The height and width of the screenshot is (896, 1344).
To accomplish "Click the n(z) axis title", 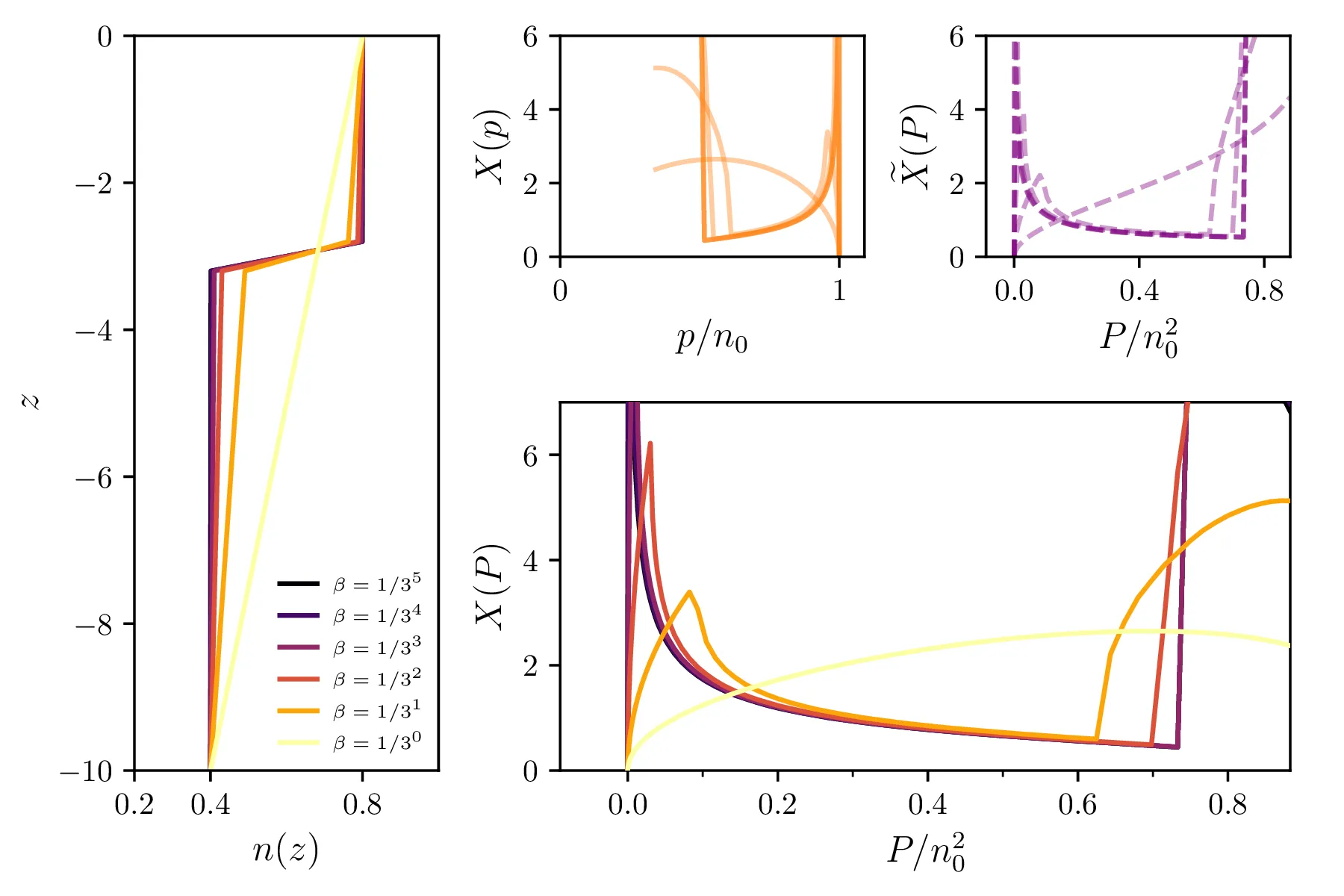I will pos(285,850).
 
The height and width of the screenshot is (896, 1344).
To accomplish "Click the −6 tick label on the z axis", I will pos(95,477).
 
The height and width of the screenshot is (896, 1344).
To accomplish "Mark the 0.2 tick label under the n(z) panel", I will pos(134,805).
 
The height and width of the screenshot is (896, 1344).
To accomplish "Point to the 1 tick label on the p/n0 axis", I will pos(839,290).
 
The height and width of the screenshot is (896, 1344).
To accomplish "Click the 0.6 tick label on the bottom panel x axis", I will pos(1077,805).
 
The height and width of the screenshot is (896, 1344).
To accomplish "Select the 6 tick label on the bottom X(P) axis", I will pos(531,455).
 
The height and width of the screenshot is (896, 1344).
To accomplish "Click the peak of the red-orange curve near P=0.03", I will pos(650,444).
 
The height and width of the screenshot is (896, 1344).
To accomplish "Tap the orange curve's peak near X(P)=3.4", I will pos(689,592).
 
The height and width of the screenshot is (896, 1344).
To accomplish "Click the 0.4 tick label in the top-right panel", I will pos(1139,290).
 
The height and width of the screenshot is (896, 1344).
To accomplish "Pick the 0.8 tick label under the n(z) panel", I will pos(362,805).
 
